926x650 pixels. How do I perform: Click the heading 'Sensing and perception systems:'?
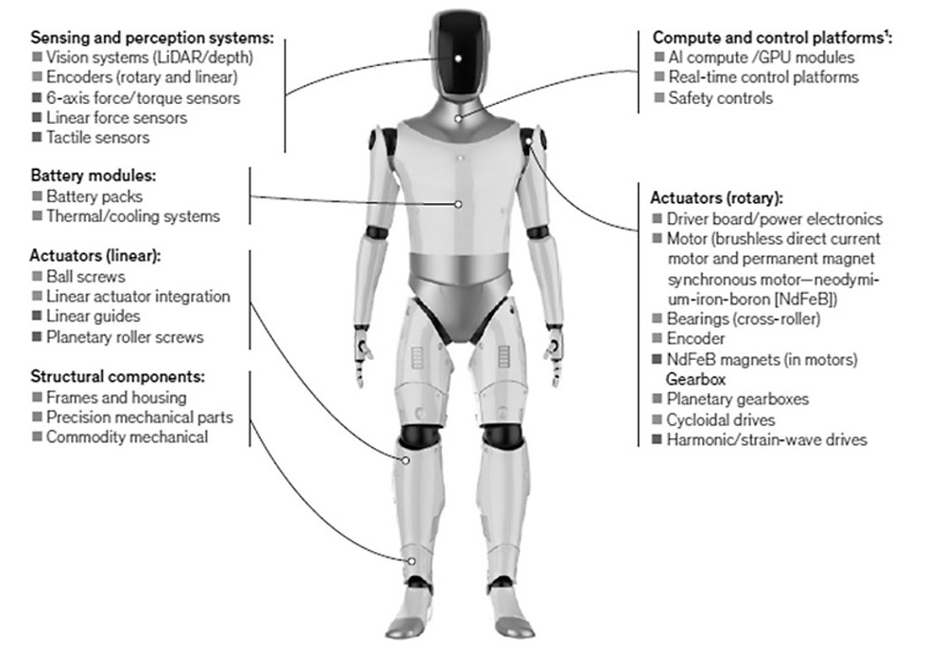click(x=152, y=38)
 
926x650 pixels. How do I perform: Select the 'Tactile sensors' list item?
click(x=98, y=138)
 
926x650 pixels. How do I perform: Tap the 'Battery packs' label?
click(x=94, y=196)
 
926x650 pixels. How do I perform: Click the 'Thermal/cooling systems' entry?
click(x=133, y=216)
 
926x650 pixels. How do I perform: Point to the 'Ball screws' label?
click(x=86, y=276)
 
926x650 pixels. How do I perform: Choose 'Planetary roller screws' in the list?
click(x=125, y=337)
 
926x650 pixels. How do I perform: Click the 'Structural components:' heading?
click(x=117, y=377)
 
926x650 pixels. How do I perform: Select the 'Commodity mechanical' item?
click(x=127, y=436)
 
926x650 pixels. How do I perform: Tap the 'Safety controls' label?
click(x=720, y=97)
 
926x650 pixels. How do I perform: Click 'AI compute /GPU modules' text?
click(x=762, y=58)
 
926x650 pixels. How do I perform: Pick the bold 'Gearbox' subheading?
click(x=695, y=379)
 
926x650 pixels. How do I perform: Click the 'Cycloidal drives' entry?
click(x=720, y=419)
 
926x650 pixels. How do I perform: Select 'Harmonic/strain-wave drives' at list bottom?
click(x=766, y=440)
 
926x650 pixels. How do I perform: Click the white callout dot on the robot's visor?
click(x=458, y=58)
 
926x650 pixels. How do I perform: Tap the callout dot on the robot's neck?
click(x=457, y=119)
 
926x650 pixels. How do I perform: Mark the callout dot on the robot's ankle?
click(x=412, y=561)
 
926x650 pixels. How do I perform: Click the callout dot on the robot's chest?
click(x=457, y=204)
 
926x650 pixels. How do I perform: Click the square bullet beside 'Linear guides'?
click(x=37, y=316)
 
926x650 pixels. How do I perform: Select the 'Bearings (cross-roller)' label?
click(x=743, y=318)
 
